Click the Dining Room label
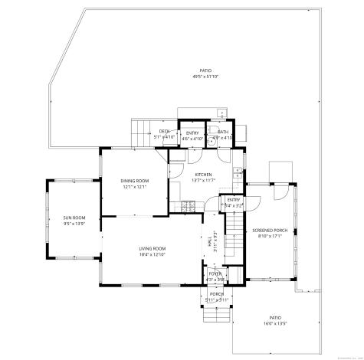tap(134, 181)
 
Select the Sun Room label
tap(74, 218)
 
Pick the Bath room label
tap(222, 132)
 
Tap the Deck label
tap(164, 132)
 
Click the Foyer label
tap(215, 273)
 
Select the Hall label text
tap(211, 241)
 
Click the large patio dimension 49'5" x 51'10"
tap(206, 77)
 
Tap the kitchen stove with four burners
tap(188, 205)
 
